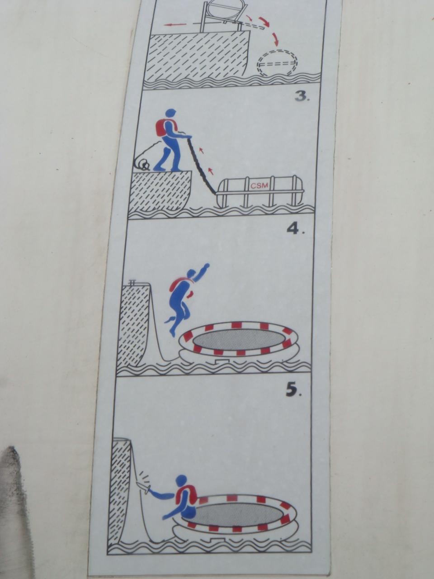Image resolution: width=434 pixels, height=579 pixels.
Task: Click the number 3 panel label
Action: pyautogui.click(x=302, y=97)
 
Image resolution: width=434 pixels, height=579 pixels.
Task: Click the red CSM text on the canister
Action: pyautogui.click(x=259, y=185)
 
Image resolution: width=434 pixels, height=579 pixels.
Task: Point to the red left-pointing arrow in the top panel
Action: pyautogui.click(x=175, y=24)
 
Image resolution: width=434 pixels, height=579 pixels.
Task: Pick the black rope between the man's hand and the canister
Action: pyautogui.click(x=203, y=164)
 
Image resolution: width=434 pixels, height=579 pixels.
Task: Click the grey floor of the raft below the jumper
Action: pyautogui.click(x=238, y=339)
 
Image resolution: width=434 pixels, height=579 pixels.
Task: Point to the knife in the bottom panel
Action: pyautogui.click(x=144, y=486)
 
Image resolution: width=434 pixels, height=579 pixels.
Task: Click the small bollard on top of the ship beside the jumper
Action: pyautogui.click(x=132, y=283)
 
